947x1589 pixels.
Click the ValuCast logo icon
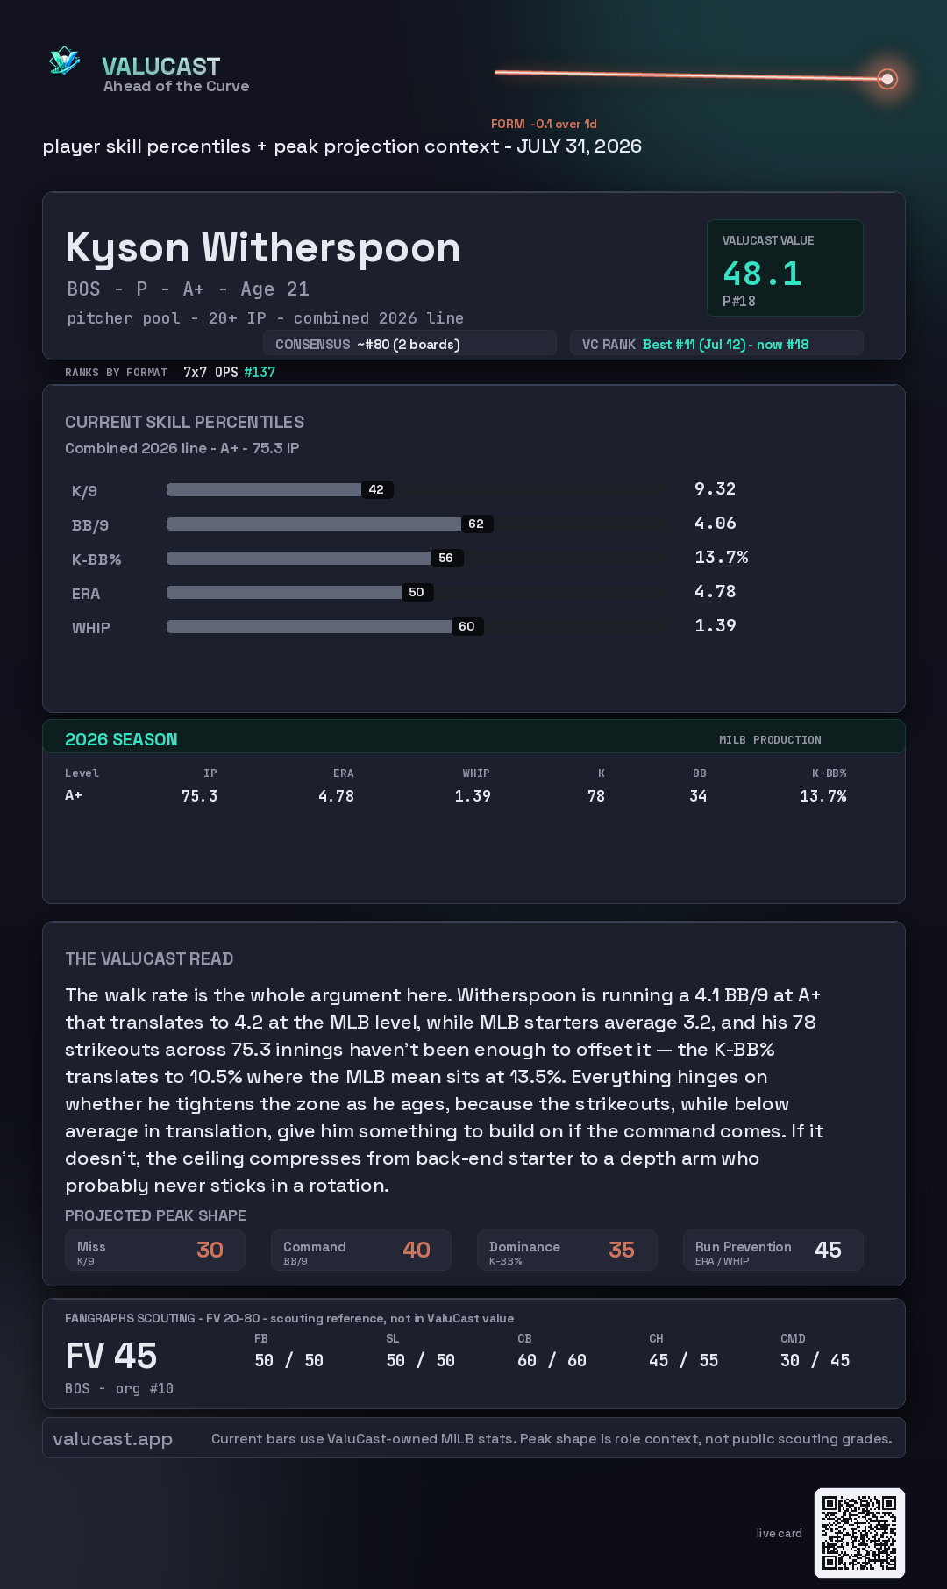[x=65, y=61]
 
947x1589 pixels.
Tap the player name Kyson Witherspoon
[x=263, y=248]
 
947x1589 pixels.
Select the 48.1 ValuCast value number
[x=762, y=274]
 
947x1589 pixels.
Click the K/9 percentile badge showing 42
[x=376, y=489]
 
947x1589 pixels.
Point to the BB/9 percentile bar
[x=314, y=524]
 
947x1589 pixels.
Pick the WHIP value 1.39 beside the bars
[x=716, y=625]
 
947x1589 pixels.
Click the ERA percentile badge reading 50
[x=417, y=592]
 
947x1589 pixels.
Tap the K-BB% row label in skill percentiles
[x=96, y=559]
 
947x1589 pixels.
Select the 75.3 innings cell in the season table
[x=199, y=796]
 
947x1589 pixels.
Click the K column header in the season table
[x=602, y=773]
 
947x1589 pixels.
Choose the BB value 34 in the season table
[x=698, y=796]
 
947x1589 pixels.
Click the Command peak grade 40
[x=417, y=1250]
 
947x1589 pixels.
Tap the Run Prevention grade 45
[x=828, y=1250]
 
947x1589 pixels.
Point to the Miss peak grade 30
[x=210, y=1250]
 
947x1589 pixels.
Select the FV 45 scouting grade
[x=111, y=1356]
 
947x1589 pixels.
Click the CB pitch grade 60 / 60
[x=552, y=1360]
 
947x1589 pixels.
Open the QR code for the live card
[x=859, y=1533]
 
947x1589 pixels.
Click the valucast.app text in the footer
[x=112, y=1439]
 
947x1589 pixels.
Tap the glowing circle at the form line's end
[x=887, y=79]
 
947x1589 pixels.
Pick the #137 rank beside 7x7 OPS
[x=260, y=372]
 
